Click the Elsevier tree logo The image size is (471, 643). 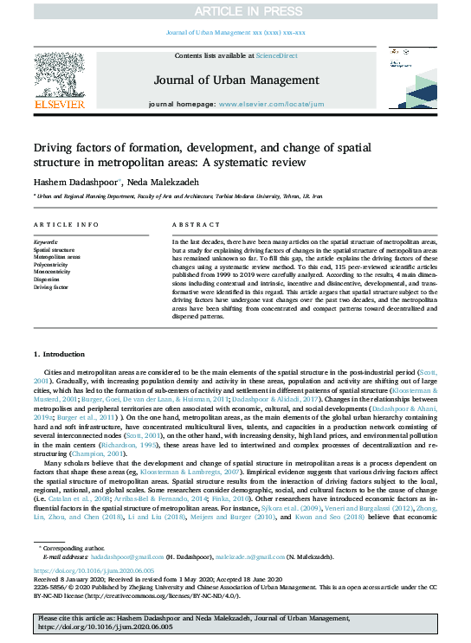[59, 77]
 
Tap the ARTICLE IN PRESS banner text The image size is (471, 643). [235, 10]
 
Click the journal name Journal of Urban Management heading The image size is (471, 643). [235, 80]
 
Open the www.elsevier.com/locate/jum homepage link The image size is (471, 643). [267, 103]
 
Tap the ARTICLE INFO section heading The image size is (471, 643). [65, 224]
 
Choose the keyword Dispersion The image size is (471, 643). [48, 279]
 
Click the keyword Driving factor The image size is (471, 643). [51, 286]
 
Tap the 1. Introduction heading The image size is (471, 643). [60, 355]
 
